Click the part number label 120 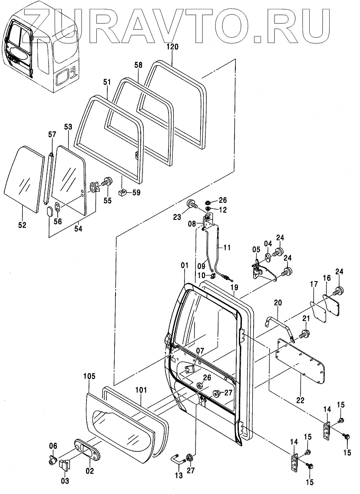click(172, 47)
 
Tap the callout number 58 click(138, 65)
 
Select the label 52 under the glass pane click(22, 225)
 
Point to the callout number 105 click(90, 376)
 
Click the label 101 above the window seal click(141, 390)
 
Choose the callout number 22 click(300, 400)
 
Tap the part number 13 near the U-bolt click(178, 475)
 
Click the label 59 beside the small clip click(136, 192)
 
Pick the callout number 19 click(234, 287)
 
